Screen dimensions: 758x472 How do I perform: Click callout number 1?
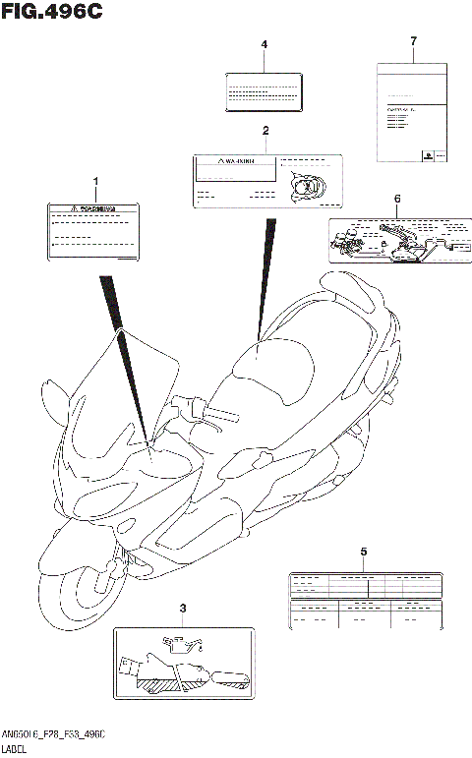tap(95, 183)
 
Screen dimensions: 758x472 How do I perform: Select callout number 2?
tap(265, 131)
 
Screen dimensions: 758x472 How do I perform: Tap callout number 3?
tap(183, 610)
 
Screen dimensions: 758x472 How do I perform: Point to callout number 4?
tap(264, 45)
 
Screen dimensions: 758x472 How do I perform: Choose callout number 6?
tap(396, 199)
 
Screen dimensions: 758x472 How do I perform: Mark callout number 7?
tap(413, 40)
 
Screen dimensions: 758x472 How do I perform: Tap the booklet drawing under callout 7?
tap(413, 113)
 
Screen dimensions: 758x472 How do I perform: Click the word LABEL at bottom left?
tap(17, 748)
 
